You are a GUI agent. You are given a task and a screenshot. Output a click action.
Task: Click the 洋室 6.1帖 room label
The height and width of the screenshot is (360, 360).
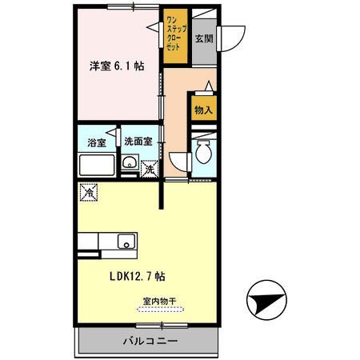[x=116, y=66]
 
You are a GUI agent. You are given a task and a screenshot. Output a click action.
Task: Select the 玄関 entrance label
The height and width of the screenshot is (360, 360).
[x=203, y=38]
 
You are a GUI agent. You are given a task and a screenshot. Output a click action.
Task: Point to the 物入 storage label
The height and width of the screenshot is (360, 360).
[x=203, y=110]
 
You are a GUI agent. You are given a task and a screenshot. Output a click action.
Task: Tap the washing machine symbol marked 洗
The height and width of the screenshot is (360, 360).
[x=149, y=169]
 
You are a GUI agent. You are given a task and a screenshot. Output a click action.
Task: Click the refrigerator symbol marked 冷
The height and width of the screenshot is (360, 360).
[x=88, y=193]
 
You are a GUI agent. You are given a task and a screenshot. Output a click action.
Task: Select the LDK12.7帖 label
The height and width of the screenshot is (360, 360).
[x=138, y=277]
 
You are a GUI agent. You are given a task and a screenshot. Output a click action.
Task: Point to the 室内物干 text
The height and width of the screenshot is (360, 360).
[x=159, y=302]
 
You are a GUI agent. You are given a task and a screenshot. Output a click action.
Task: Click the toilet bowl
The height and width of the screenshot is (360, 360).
[x=204, y=154]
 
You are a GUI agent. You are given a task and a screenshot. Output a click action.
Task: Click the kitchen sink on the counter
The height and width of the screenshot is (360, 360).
[x=125, y=241]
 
